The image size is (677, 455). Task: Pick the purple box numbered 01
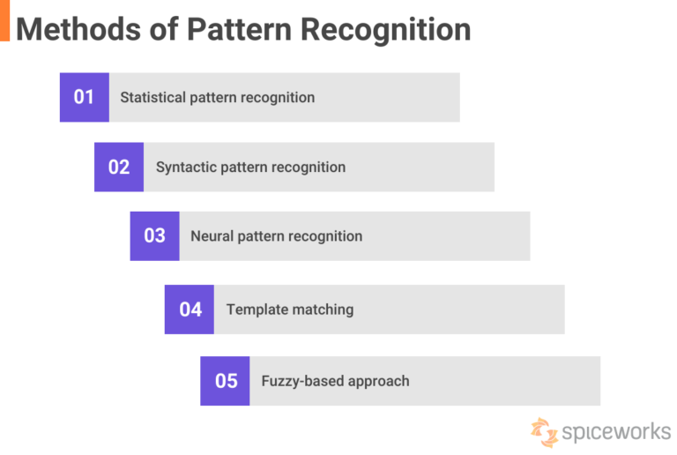(84, 97)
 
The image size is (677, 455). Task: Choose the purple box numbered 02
(119, 168)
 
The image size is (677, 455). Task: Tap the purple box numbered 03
(154, 236)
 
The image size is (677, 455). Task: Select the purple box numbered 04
(190, 310)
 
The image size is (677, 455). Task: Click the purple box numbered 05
(225, 381)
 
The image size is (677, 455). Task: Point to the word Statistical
(153, 97)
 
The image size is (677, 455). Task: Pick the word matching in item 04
(324, 310)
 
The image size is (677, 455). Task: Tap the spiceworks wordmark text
(616, 433)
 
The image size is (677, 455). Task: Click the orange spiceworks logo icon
(544, 432)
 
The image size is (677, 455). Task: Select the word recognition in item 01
(277, 97)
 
